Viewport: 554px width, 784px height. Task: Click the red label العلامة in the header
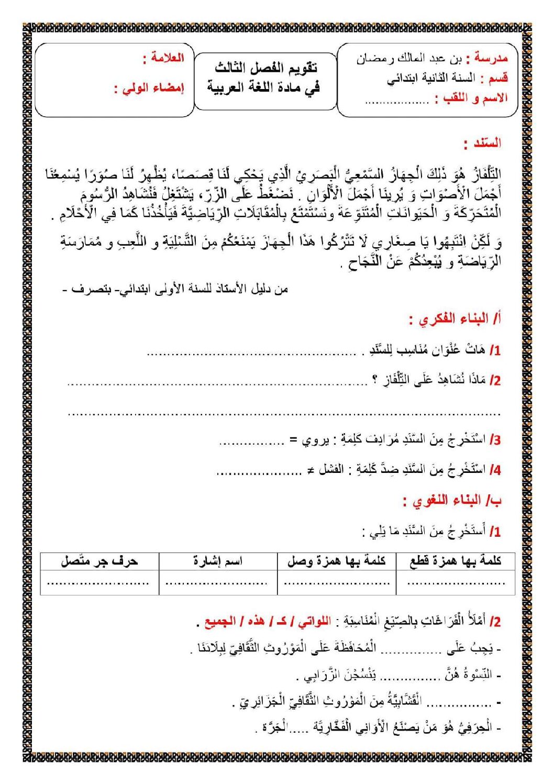pos(168,58)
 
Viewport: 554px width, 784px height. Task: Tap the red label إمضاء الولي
pos(153,88)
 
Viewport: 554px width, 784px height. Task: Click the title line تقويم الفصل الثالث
pos(266,68)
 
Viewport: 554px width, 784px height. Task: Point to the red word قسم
pos(497,78)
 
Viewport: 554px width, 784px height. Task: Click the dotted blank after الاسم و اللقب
pos(397,101)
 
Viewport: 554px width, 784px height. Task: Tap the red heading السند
pos(486,143)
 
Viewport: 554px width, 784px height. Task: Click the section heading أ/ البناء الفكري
pos(459,319)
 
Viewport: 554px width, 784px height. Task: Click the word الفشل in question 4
pos(331,470)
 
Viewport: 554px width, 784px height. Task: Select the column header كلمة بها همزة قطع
pos(455,561)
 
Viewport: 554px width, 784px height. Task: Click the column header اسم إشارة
pos(218,561)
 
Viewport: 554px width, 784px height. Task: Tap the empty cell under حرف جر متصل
pos(99,582)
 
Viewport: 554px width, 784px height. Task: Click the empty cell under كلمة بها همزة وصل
pos(336,582)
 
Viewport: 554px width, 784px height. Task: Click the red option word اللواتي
pos(314,622)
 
